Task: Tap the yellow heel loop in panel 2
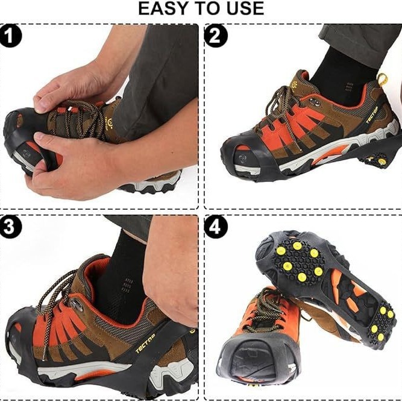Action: [x=382, y=79]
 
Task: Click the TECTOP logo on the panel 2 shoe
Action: [x=372, y=114]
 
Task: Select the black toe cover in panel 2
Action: [x=242, y=157]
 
